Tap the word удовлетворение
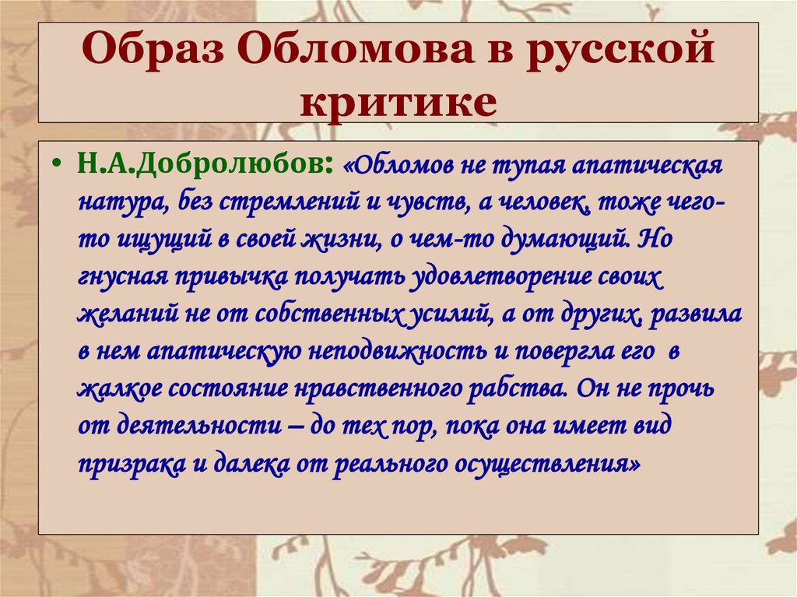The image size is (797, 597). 479,277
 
